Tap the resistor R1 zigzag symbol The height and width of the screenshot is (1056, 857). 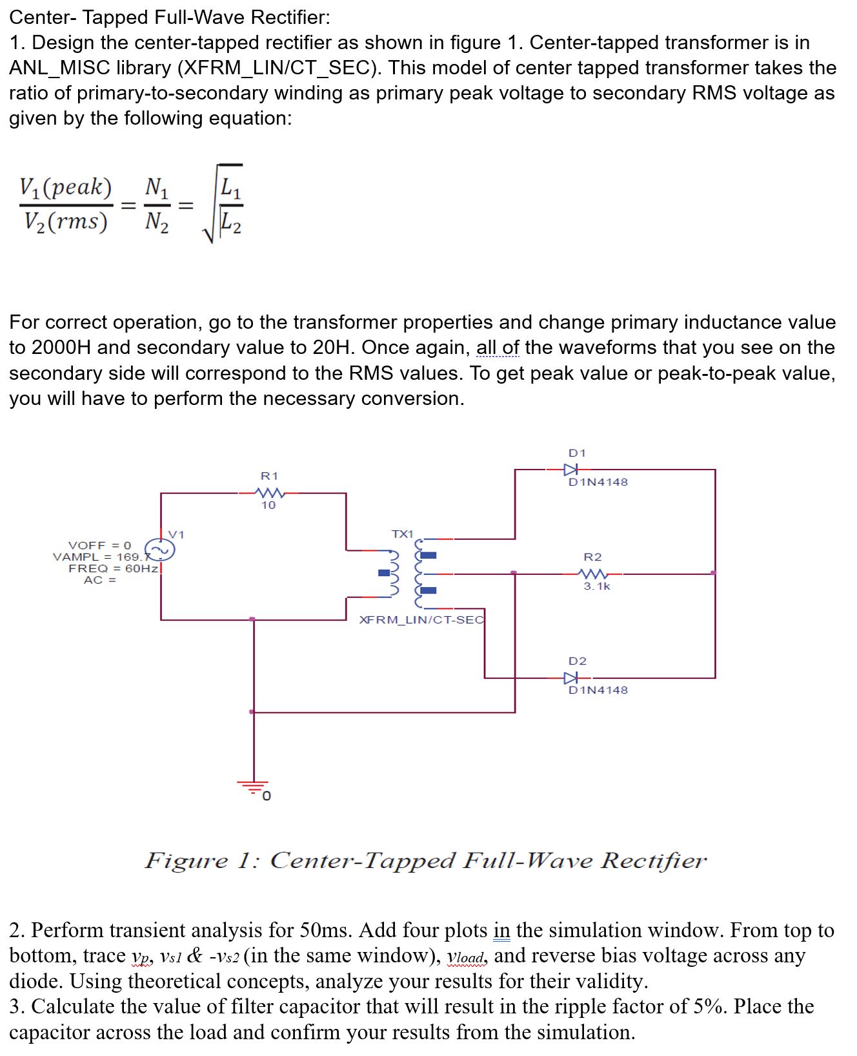(269, 493)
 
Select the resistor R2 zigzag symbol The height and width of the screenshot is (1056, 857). (592, 574)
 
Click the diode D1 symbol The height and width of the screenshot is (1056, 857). (571, 470)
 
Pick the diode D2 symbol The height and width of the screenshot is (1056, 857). (571, 678)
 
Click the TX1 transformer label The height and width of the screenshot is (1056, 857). (402, 534)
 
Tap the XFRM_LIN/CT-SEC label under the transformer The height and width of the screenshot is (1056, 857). (421, 620)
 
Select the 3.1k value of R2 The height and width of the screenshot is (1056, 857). (597, 586)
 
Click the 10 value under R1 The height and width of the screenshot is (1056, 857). (268, 505)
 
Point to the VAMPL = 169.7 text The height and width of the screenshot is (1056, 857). (102, 557)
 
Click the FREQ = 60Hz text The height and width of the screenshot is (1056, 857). (114, 568)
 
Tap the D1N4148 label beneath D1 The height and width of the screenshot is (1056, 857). (598, 482)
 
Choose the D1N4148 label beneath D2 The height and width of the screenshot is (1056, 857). (598, 690)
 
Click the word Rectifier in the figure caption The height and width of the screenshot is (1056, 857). (653, 860)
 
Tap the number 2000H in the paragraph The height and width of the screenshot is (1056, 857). (61, 347)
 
